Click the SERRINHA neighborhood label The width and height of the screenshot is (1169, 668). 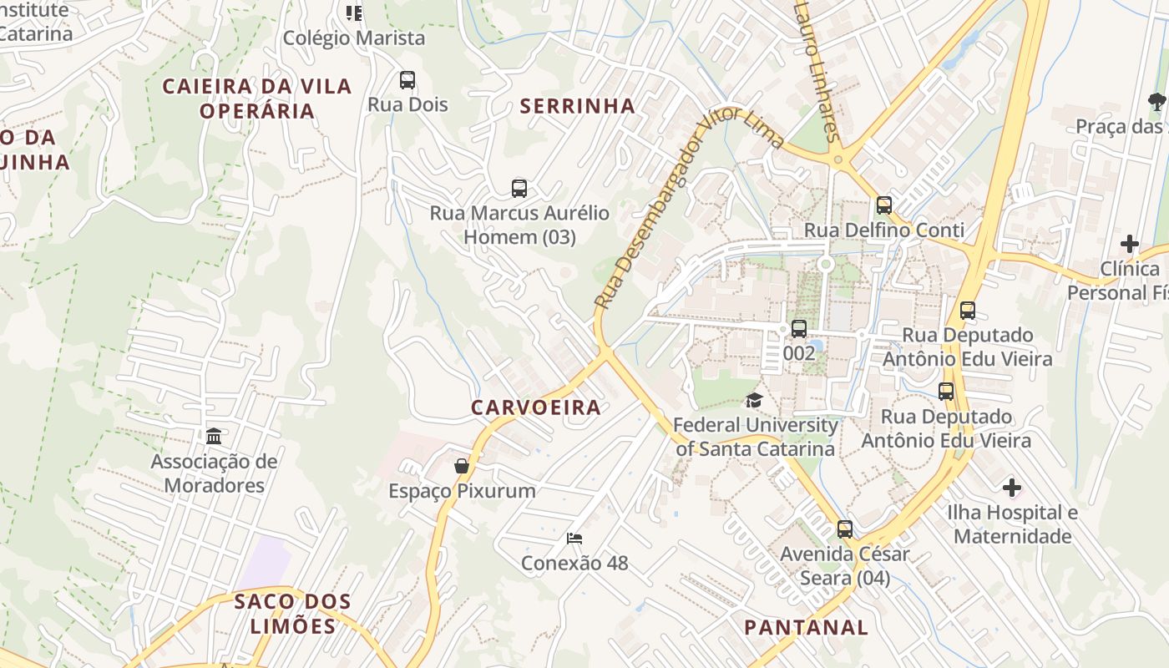tap(577, 106)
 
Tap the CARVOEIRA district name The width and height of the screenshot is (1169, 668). tap(535, 407)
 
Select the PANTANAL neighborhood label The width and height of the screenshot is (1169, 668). tap(806, 627)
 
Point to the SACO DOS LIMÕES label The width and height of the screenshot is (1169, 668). tap(292, 614)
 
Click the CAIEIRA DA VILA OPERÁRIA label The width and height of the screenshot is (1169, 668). tap(257, 99)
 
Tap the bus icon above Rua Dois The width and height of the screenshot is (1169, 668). tap(407, 80)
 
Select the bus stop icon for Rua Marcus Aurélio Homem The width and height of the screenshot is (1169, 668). tap(519, 189)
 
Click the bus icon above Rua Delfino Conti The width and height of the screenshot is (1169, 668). tap(884, 205)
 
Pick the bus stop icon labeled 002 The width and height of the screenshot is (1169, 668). tap(799, 329)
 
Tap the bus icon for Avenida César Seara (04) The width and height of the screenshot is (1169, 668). tap(845, 529)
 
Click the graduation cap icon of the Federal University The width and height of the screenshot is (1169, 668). tap(754, 401)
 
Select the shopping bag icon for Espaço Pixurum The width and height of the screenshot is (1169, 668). tap(461, 466)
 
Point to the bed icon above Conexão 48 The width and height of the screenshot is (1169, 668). tap(574, 539)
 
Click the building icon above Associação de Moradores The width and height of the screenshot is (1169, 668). tap(214, 437)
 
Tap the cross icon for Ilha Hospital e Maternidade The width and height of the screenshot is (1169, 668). tap(1012, 488)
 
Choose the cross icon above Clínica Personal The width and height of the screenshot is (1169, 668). tap(1130, 244)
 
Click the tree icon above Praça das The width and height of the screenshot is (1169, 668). tap(1156, 102)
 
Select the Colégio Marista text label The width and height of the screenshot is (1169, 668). tap(354, 38)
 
